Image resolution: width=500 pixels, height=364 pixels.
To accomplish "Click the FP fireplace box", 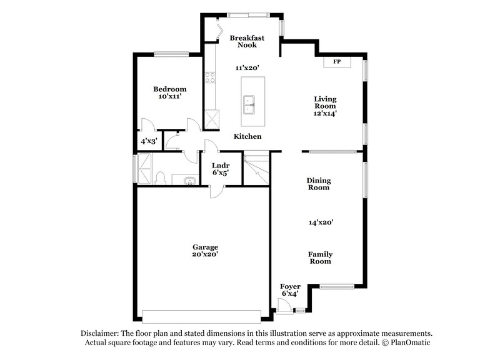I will (337, 62).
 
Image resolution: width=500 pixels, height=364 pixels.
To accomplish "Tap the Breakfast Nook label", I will (246, 41).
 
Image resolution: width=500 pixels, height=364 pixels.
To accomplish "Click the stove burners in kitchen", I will (210, 78).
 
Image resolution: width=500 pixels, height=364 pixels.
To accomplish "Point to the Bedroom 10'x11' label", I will (170, 93).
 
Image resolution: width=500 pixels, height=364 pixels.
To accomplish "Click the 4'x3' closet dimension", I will (148, 141).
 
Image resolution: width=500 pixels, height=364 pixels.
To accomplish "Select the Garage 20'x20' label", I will (205, 250).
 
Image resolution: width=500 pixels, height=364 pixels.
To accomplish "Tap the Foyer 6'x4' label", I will (291, 290).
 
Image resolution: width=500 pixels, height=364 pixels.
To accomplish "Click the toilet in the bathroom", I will (159, 179).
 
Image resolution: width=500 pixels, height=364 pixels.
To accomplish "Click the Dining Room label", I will (318, 184).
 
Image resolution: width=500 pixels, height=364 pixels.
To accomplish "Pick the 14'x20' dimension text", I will (321, 222).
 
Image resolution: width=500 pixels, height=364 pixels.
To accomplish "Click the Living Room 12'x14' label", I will (325, 106).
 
